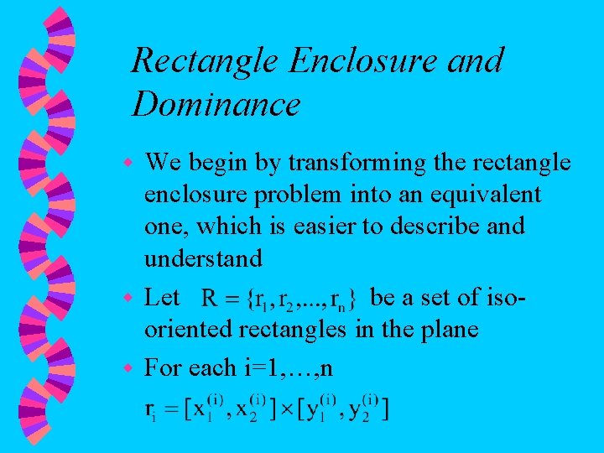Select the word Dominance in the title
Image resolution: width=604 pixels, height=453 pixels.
coord(216,105)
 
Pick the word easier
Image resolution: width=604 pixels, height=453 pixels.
coord(320,226)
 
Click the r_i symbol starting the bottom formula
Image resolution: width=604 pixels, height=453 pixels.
coord(151,411)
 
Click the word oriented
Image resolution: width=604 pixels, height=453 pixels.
coord(190,330)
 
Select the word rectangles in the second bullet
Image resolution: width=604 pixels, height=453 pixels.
coord(294,330)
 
